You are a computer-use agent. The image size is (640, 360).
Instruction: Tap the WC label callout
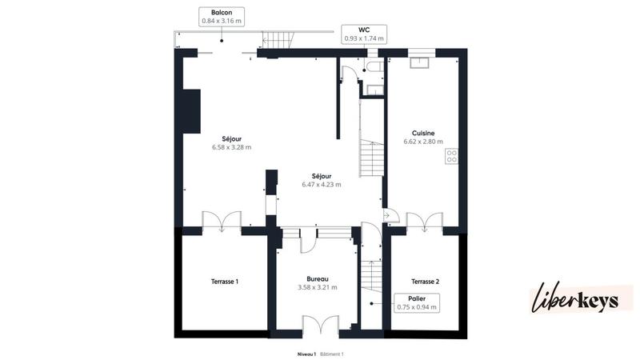pos(364,33)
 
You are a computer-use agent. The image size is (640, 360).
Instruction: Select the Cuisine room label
pos(423,133)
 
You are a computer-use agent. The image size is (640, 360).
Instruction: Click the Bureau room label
pos(317,278)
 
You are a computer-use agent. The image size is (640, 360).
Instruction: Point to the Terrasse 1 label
pos(225,281)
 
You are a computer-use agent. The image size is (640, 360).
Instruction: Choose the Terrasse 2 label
pos(425,281)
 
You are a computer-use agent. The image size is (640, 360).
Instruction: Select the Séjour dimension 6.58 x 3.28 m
pos(231,147)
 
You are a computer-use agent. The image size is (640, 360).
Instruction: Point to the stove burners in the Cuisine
pos(452,157)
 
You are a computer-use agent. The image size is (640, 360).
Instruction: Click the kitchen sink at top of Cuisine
pos(421,62)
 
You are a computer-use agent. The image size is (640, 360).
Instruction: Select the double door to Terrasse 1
pos(221,221)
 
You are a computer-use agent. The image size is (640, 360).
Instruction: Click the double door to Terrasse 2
pos(425,221)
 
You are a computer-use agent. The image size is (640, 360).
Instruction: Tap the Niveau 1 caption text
pos(306,353)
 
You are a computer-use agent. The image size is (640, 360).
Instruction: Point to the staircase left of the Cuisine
pos(370,157)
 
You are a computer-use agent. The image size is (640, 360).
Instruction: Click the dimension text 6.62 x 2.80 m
pos(423,142)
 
